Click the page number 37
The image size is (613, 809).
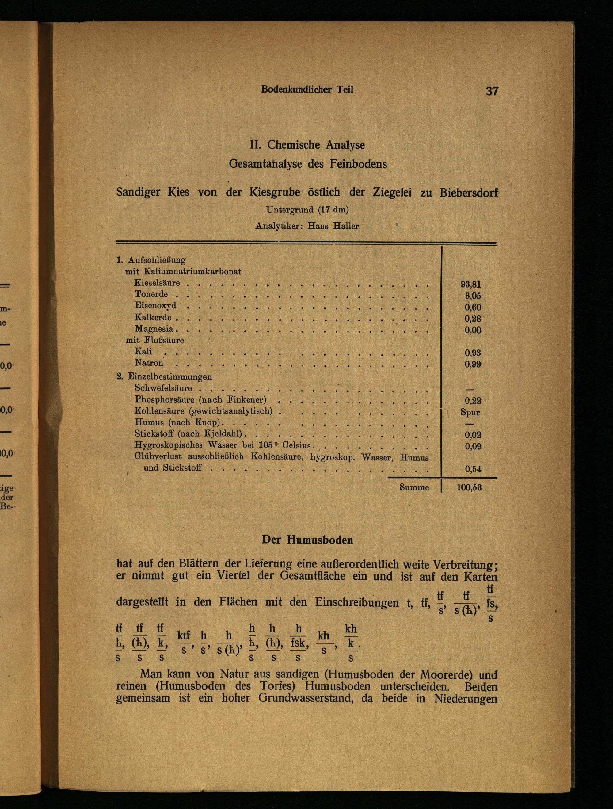[x=492, y=91]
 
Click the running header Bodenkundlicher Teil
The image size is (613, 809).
[x=307, y=90]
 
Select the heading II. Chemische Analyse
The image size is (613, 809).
[x=307, y=145]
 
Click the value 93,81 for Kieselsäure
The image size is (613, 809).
[x=471, y=284]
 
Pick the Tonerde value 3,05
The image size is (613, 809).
[x=473, y=296]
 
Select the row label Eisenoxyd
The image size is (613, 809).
[x=155, y=305]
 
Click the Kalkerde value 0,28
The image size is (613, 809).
[x=473, y=319]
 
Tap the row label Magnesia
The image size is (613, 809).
[x=154, y=328]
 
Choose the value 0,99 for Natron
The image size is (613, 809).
[x=473, y=364]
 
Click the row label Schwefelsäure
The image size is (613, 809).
[x=163, y=388]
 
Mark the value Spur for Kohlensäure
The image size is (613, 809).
[x=470, y=412]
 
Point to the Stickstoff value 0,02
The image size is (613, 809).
[x=473, y=435]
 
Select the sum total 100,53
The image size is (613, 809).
[x=469, y=487]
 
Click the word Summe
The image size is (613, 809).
[x=414, y=487]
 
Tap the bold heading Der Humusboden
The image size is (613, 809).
[x=307, y=540]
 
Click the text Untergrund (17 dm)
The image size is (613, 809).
[x=307, y=210]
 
